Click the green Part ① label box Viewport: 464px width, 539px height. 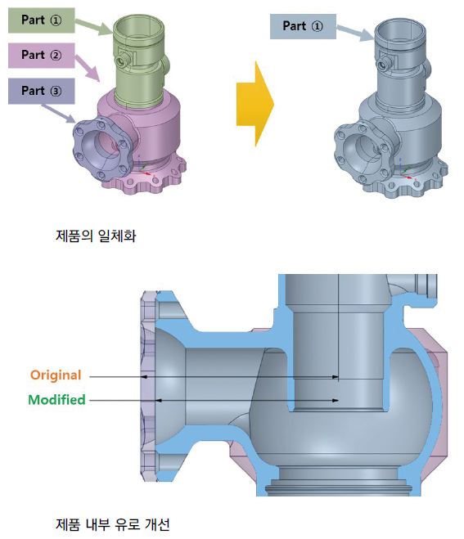click(41, 20)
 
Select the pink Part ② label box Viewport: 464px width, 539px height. click(41, 56)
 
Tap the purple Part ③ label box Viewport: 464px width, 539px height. click(41, 91)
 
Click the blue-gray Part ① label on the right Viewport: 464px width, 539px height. click(303, 26)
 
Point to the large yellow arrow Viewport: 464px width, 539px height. click(255, 104)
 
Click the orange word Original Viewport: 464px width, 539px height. click(56, 375)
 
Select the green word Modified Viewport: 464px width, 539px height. click(56, 400)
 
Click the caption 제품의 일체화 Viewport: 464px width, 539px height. click(96, 236)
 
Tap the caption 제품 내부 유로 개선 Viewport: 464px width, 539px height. click(112, 524)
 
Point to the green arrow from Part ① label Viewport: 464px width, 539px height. click(93, 26)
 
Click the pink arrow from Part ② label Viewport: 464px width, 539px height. click(88, 68)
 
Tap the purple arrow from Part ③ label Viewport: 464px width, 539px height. click(58, 113)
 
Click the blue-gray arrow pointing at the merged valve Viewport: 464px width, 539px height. click(355, 33)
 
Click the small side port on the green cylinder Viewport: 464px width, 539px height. click(122, 61)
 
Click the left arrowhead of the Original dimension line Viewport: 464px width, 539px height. click(145, 377)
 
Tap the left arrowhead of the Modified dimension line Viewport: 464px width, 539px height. click(159, 401)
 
